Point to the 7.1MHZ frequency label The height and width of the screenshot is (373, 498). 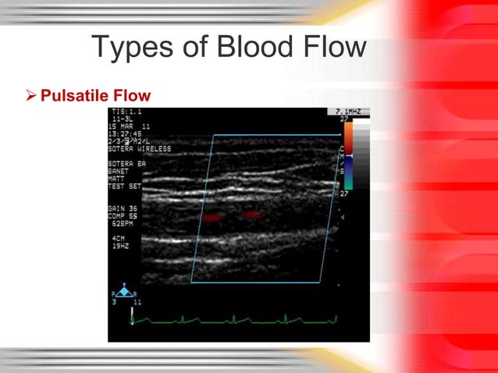coord(347,112)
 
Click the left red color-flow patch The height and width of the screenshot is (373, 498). coord(213,217)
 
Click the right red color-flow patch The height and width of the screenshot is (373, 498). coord(251,214)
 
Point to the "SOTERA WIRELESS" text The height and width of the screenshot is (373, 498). coord(138,148)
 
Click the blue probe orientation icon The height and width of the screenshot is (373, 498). coord(123,291)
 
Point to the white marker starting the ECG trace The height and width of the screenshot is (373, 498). coord(133,316)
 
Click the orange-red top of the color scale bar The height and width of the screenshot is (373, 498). coord(348,133)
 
